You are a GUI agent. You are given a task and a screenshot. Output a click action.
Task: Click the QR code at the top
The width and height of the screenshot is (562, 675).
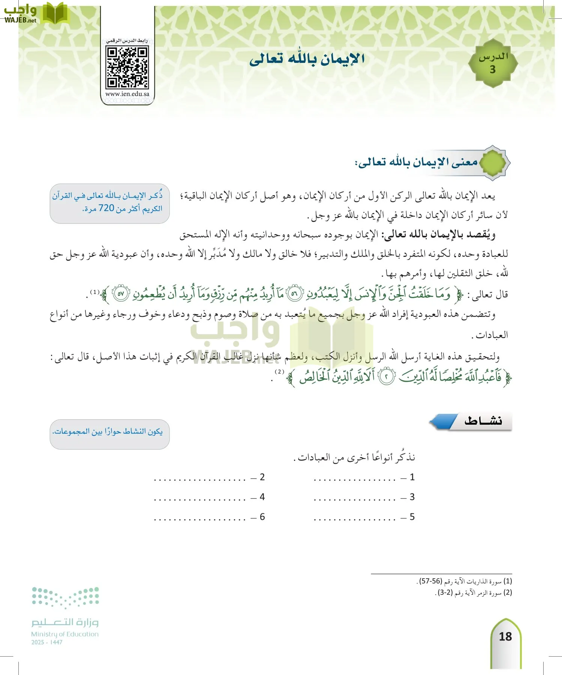127,67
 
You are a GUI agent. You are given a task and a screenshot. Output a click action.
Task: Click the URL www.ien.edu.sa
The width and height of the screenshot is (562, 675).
127,94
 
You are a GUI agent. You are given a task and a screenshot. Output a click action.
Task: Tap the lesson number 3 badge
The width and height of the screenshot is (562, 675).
493,64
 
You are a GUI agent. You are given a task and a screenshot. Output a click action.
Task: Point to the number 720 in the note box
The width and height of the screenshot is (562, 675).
106,208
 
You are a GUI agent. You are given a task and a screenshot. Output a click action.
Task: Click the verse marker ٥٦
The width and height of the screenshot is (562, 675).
294,294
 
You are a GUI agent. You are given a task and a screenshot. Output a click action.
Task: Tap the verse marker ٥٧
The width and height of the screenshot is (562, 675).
121,294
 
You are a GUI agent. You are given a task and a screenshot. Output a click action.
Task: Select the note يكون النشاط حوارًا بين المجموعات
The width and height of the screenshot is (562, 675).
108,432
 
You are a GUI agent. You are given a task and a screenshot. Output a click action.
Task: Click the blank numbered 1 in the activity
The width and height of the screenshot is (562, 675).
355,478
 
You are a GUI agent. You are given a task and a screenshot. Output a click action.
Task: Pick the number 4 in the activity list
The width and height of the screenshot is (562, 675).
262,497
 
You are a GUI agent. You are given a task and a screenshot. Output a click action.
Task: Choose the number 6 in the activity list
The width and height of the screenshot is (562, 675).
262,517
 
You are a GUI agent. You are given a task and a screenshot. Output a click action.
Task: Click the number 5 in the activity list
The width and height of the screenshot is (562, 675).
412,517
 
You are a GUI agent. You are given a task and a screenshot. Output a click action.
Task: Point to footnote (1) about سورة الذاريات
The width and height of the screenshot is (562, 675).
464,581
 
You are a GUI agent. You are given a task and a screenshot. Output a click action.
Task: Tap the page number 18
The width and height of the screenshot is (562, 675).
505,636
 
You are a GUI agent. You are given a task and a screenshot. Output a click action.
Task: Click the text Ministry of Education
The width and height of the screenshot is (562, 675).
65,634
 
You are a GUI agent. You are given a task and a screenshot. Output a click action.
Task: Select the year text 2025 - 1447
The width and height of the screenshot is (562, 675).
47,642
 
